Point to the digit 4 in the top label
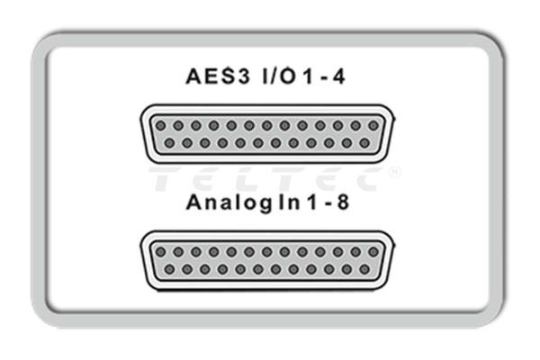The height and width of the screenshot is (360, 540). [x=338, y=78]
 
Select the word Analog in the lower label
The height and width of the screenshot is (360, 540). [x=220, y=202]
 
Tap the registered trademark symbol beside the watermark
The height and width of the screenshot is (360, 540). [x=394, y=170]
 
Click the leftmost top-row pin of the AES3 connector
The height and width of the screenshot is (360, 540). [x=161, y=126]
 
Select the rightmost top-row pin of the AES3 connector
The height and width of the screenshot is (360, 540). [x=373, y=126]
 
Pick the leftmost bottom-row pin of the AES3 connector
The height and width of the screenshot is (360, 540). [x=169, y=143]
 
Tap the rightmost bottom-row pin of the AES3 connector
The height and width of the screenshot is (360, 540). [x=364, y=143]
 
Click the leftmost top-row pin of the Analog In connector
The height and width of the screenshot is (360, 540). [x=161, y=252]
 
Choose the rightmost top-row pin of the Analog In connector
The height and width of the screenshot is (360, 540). [x=373, y=252]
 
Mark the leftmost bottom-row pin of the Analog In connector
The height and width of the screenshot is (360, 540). [x=169, y=269]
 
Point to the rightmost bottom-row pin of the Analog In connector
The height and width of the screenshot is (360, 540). [x=364, y=269]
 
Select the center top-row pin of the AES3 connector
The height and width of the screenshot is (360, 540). [x=266, y=126]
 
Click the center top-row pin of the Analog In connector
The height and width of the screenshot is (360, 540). [x=266, y=252]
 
